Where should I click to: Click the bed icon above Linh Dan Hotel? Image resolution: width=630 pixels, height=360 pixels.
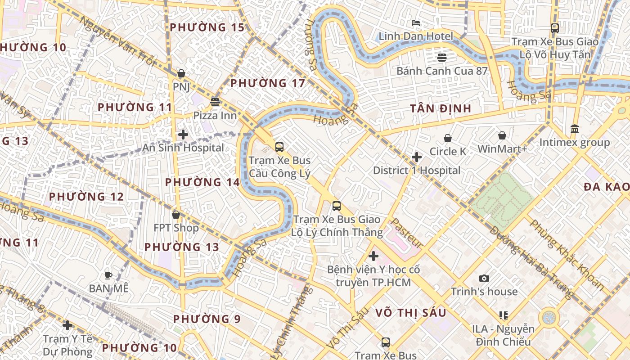(416, 23)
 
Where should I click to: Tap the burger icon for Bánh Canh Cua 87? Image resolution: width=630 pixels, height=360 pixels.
(441, 58)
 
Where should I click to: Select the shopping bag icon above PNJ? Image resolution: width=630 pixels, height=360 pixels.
(181, 73)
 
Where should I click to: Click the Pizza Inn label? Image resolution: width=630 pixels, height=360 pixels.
(215, 116)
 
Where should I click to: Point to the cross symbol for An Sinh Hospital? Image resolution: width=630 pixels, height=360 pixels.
(183, 135)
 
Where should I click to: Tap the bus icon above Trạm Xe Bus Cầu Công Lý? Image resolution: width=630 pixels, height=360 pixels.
(279, 147)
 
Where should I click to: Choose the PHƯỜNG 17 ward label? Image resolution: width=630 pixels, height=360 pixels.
(268, 83)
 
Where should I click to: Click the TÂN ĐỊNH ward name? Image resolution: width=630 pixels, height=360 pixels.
(441, 108)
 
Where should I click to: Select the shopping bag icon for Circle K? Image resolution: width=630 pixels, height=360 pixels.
(448, 138)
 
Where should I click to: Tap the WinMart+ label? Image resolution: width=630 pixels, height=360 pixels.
(502, 149)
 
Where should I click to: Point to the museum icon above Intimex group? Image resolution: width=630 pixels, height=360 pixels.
(575, 129)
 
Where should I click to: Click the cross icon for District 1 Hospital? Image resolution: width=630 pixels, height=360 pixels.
(417, 157)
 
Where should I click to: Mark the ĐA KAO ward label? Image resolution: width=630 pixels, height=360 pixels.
(607, 187)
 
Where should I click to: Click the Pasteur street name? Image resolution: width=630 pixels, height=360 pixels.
(406, 234)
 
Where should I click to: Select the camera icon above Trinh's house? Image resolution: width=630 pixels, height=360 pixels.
(484, 278)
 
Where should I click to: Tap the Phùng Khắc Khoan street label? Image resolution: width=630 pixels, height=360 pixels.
(567, 254)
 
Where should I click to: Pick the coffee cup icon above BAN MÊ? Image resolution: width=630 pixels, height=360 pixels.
(108, 275)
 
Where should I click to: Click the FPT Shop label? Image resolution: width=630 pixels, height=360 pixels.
(176, 228)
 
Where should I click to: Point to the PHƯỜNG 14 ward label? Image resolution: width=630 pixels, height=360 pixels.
(202, 182)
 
